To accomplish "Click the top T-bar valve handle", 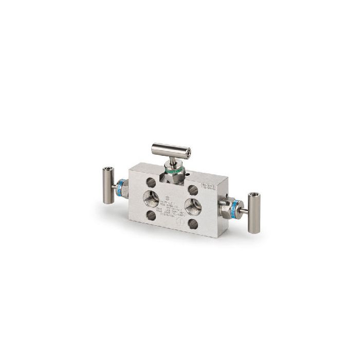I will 170,150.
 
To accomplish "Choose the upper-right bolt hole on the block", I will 193,189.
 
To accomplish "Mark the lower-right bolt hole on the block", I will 193,223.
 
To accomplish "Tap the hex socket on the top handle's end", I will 188,152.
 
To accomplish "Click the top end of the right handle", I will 255,196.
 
